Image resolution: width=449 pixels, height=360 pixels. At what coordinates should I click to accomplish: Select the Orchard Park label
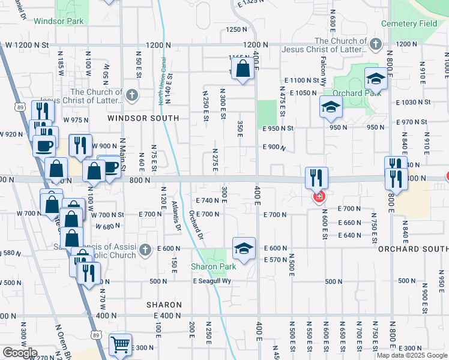[x=348, y=94]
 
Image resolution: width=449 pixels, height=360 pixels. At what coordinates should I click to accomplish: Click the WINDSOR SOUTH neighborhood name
[x=143, y=119]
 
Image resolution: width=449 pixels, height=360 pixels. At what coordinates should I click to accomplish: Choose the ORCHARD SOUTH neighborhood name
[x=413, y=248]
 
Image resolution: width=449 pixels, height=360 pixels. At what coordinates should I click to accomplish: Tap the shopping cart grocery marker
[x=120, y=345]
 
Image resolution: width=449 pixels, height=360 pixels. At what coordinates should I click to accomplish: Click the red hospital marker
[x=318, y=196]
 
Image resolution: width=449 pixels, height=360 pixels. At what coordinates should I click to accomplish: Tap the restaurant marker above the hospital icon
[x=316, y=178]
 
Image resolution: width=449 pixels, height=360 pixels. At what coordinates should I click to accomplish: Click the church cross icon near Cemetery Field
[x=375, y=44]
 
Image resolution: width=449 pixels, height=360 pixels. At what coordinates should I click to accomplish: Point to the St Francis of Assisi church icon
[x=144, y=249]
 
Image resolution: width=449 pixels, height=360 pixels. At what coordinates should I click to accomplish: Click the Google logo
[x=20, y=353]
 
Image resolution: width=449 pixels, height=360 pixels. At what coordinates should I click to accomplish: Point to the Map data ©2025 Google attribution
[x=412, y=355]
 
